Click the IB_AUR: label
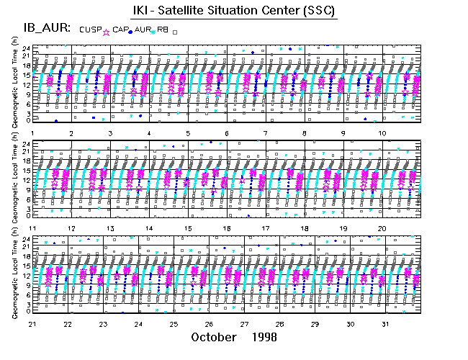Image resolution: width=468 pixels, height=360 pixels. [46, 28]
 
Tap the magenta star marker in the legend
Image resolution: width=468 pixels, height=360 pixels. [107, 32]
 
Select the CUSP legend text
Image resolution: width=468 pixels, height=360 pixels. [90, 29]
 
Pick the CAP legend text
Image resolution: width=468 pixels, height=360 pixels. [120, 29]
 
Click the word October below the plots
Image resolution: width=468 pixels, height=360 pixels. [215, 337]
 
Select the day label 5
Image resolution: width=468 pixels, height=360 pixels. [187, 133]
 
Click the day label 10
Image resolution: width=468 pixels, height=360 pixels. [382, 133]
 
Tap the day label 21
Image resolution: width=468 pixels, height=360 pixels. [32, 323]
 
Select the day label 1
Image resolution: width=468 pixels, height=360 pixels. [33, 133]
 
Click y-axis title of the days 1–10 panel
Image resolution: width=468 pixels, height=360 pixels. [15, 83]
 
